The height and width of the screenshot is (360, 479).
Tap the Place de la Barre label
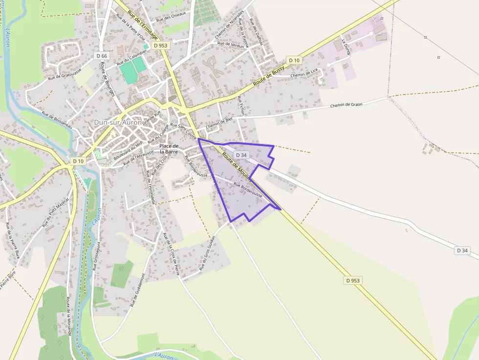click(169, 148)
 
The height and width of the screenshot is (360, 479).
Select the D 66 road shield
click(102, 56)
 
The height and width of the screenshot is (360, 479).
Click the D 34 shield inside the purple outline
click(241, 155)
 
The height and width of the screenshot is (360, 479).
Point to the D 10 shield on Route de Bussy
click(294, 60)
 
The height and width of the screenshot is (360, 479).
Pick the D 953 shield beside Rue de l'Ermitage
click(160, 45)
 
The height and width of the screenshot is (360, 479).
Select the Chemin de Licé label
click(304, 75)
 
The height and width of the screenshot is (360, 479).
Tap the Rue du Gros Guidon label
click(207, 253)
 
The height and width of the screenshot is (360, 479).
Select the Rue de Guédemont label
click(137, 289)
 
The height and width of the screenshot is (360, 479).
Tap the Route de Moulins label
click(236, 166)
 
